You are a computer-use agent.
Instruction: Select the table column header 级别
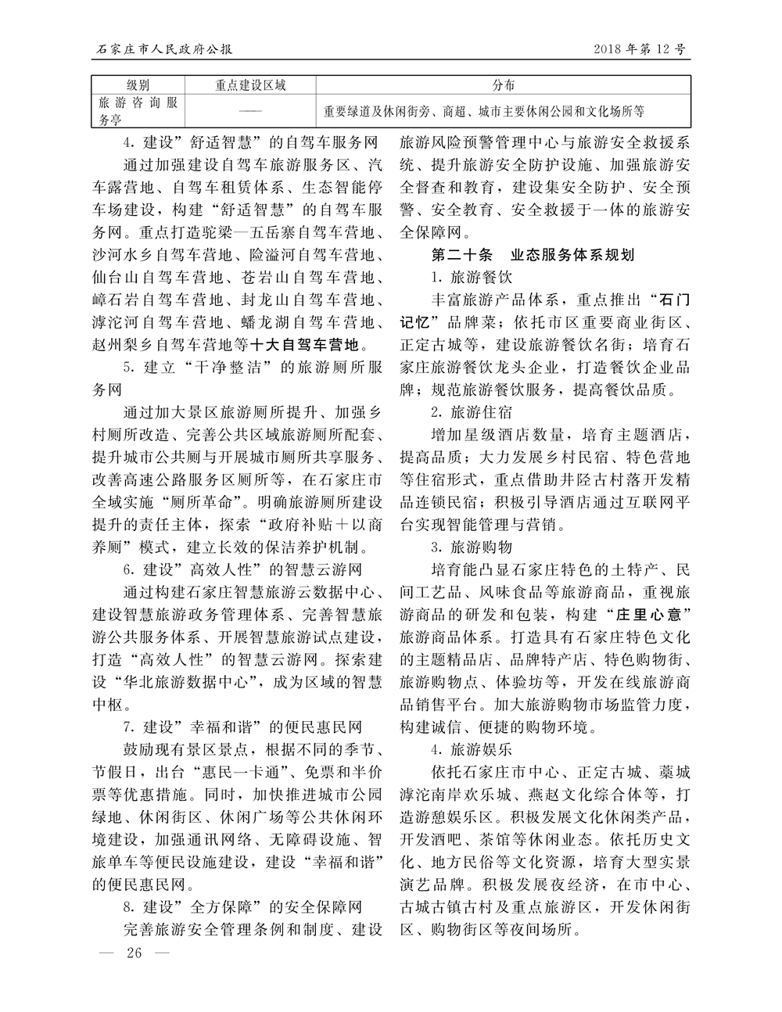click(138, 85)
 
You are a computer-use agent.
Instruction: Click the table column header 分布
click(504, 85)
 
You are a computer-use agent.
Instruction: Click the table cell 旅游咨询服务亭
click(138, 111)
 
